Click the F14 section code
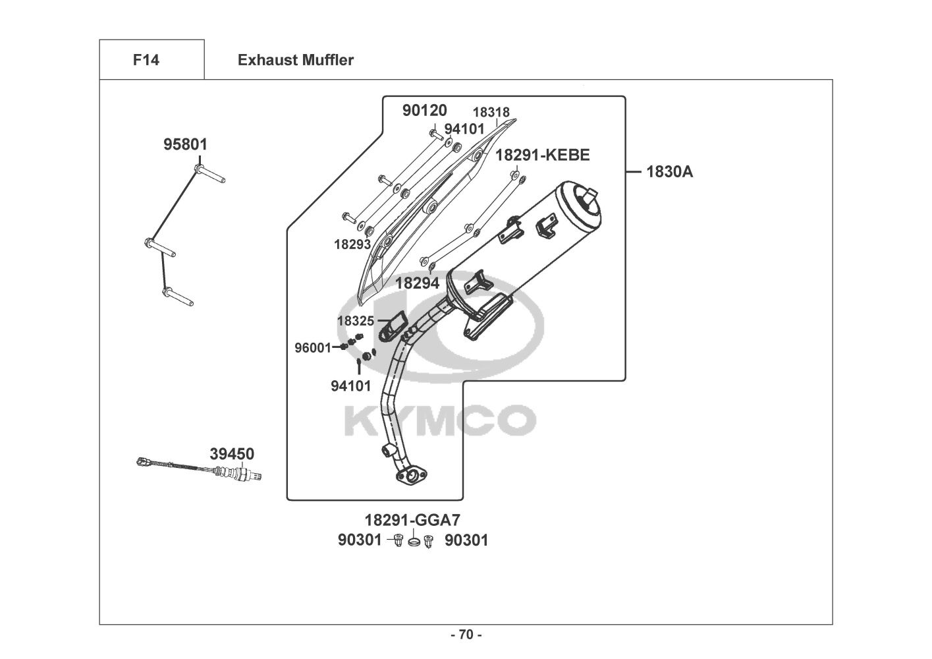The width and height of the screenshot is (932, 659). tap(146, 60)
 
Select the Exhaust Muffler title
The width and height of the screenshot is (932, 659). tap(296, 60)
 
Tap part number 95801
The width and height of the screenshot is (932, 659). tap(186, 144)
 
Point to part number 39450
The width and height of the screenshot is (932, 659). tap(232, 454)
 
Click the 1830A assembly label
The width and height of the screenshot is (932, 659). tap(669, 172)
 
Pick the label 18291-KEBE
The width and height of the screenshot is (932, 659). tap(542, 155)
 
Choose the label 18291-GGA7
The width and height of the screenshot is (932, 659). tap(412, 520)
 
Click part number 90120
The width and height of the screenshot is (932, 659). tap(425, 110)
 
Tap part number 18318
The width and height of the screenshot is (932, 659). tap(491, 112)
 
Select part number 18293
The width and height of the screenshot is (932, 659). tap(352, 244)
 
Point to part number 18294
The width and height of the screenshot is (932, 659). tap(417, 283)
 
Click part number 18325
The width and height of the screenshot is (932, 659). tap(356, 321)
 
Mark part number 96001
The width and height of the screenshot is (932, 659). tap(312, 348)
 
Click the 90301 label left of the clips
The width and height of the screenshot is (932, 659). tap(360, 540)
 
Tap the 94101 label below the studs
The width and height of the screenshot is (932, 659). tap(350, 386)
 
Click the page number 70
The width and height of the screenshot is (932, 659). tap(466, 635)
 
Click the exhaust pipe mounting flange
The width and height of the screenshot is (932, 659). tap(410, 475)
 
